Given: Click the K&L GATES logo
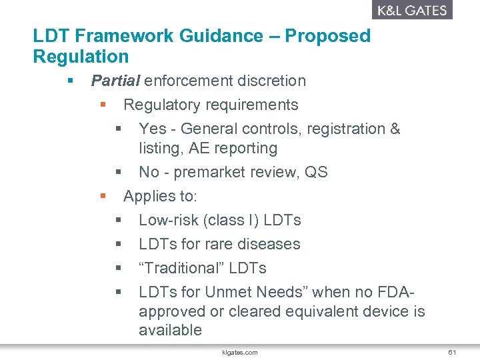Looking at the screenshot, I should pyautogui.click(x=411, y=10).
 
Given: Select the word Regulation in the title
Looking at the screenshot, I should pyautogui.click(x=81, y=56).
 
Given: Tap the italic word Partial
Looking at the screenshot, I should pyautogui.click(x=115, y=81).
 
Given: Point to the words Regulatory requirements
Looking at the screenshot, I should pyautogui.click(x=211, y=105).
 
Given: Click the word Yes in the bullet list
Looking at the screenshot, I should pyautogui.click(x=152, y=129).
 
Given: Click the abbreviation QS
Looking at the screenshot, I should pyautogui.click(x=316, y=172).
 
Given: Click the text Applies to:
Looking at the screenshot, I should pyautogui.click(x=160, y=196).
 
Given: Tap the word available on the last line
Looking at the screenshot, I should pyautogui.click(x=170, y=330).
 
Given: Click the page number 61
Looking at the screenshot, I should pyautogui.click(x=451, y=352).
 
